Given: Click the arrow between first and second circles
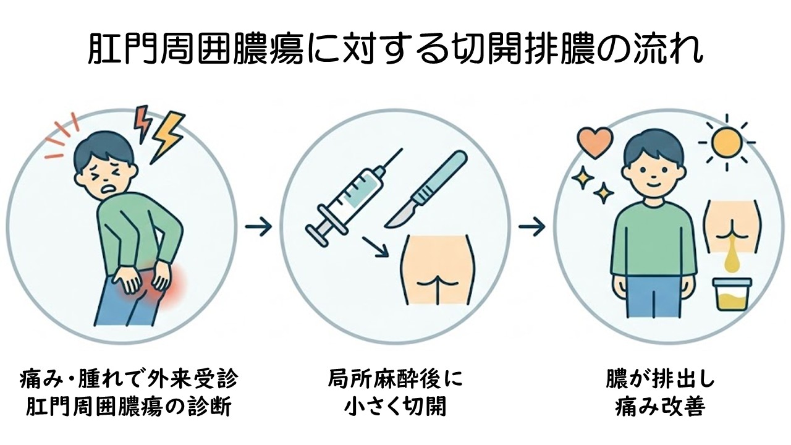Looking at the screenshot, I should [258, 227].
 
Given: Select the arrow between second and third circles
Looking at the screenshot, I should [531, 227].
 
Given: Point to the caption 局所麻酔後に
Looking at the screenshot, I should [395, 379].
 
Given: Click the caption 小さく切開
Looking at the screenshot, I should [395, 407].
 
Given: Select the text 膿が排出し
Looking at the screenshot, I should [660, 379].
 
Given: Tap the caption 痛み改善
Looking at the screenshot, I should [660, 407].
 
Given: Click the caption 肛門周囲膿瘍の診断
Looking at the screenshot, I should [129, 407].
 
